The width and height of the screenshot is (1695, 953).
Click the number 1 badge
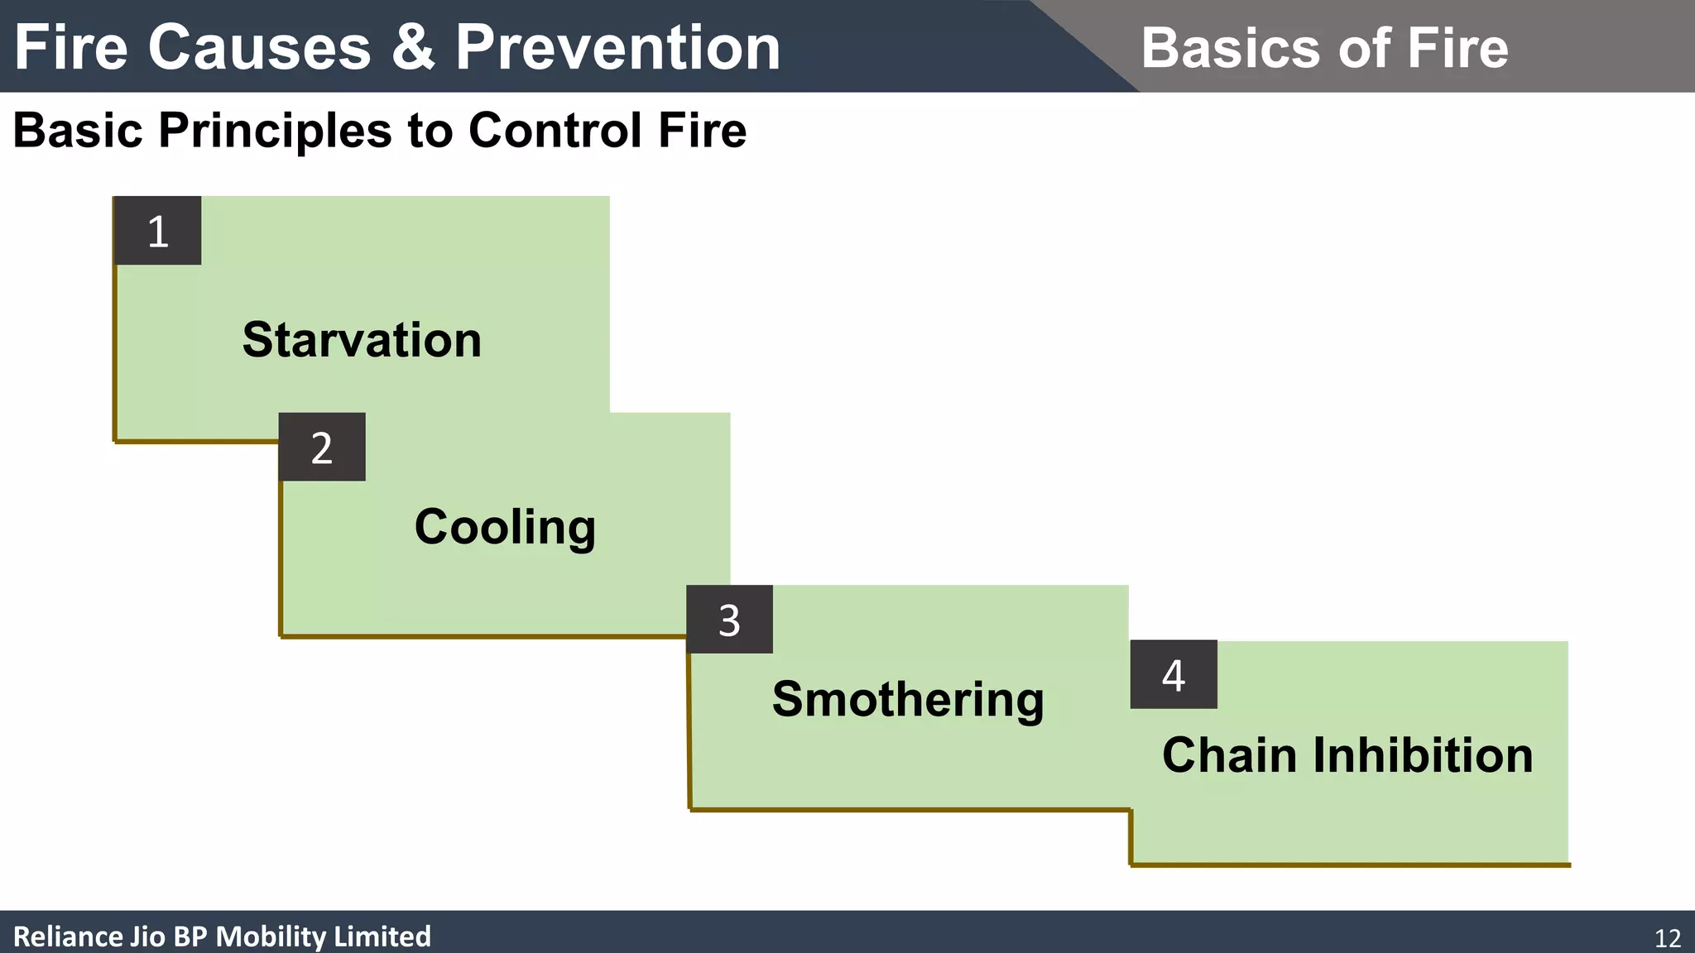click(157, 231)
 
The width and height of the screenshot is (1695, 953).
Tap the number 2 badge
click(322, 448)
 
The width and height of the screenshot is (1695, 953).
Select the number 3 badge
click(729, 620)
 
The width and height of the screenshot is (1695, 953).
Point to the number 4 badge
click(1174, 674)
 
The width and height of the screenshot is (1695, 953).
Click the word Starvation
click(362, 340)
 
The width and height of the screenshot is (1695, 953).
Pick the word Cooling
click(505, 527)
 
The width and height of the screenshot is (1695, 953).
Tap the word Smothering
click(908, 700)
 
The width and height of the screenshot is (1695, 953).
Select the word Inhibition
click(1423, 755)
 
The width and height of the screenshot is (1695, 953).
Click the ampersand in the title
click(413, 47)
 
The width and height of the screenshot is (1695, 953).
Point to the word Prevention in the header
click(617, 47)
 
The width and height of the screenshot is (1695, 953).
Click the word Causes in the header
click(259, 47)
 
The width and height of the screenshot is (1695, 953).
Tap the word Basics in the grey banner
click(1232, 48)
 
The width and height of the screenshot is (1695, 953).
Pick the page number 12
click(1667, 938)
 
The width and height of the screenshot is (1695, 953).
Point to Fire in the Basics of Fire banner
click(1457, 48)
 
